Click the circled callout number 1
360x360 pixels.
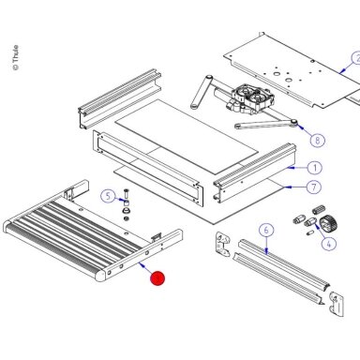315,168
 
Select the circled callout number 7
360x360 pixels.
314,187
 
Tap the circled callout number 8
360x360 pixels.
318,140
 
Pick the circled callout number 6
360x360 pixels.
266,231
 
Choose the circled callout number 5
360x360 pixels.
108,196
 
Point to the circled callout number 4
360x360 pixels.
328,243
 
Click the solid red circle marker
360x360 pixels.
157,278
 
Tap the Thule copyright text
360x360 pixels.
16,57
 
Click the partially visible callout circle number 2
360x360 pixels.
355,59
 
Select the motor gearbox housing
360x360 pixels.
251,98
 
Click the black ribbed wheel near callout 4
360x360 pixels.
329,222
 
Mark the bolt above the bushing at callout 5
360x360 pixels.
127,194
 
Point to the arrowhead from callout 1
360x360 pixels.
291,168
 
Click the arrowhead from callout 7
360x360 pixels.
288,187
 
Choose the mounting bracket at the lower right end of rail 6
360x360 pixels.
337,304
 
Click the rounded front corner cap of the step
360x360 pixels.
101,277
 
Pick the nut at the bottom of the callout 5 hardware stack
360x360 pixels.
126,218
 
